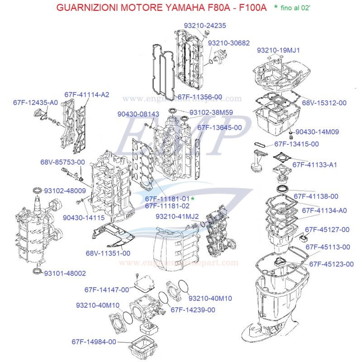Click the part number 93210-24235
[x=205, y=26]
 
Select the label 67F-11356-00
[x=200, y=97]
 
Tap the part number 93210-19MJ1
[x=278, y=50]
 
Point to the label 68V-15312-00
[x=324, y=103]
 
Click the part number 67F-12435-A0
[x=35, y=103]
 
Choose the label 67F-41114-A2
[x=87, y=95]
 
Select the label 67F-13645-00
[x=219, y=128]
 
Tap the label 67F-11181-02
[x=167, y=206]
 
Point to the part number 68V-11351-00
[x=108, y=253]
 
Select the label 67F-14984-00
[x=94, y=342]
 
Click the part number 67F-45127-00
[x=327, y=230]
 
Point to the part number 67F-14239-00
[x=192, y=310]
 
